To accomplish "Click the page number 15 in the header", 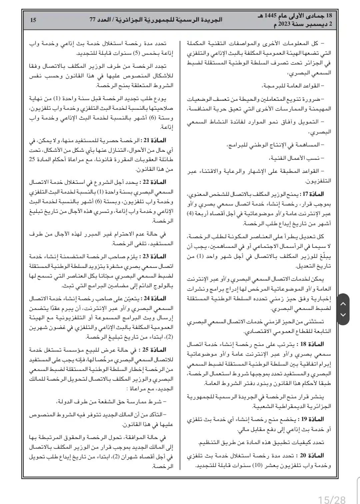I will pyautogui.click(x=33, y=20).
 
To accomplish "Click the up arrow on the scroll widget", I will pyautogui.click(x=343, y=304).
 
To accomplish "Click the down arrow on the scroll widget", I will pyautogui.click(x=343, y=315).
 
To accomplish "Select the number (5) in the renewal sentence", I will pyautogui.click(x=136, y=53).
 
